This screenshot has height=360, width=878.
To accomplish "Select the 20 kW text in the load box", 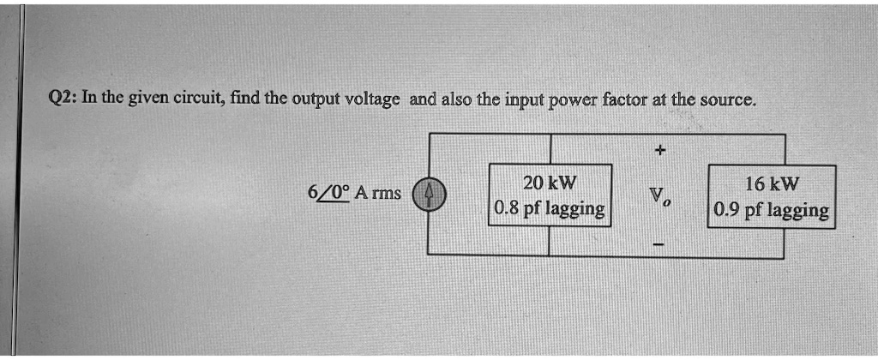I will [550, 183].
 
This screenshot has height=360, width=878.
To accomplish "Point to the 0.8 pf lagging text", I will [550, 208].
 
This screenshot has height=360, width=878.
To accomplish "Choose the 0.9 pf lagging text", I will [771, 210].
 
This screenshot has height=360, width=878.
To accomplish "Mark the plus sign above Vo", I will [658, 150].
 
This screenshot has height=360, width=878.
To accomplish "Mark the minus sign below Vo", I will [658, 247].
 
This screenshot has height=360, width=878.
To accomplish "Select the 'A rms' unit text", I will [374, 193].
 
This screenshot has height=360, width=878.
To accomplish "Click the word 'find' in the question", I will [245, 99].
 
